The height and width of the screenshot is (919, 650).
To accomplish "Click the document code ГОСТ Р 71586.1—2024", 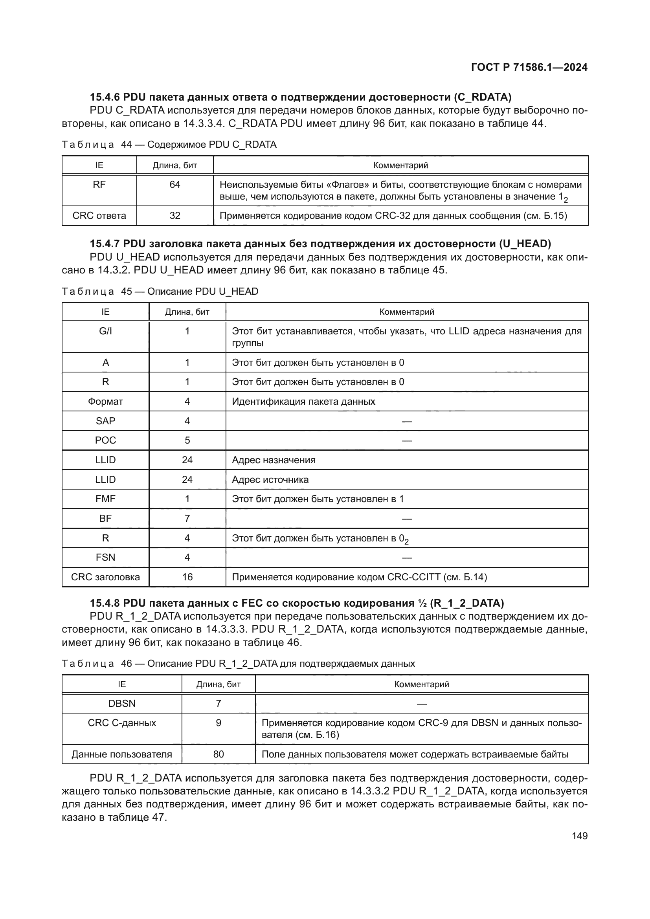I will (529, 67).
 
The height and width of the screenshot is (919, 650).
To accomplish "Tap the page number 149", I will (580, 836).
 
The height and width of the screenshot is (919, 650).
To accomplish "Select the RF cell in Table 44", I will (99, 185).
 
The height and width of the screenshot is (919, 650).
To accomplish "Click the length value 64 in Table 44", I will (175, 185).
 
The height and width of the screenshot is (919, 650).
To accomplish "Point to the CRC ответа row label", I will (99, 216).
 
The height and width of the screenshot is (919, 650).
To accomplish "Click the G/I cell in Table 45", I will (105, 331).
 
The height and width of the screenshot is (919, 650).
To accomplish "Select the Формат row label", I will (105, 402).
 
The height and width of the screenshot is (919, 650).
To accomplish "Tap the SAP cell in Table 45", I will (105, 421).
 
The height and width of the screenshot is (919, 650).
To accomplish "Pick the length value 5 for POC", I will (187, 440).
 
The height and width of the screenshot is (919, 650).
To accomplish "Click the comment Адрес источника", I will (270, 479).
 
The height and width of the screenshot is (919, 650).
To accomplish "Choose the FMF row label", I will (105, 499).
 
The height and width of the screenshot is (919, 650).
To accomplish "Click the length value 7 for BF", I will (187, 518).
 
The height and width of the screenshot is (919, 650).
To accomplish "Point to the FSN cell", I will (105, 558).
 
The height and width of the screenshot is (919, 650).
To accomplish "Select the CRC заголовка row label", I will (105, 577).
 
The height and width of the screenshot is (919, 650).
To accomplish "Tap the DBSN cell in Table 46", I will (122, 703).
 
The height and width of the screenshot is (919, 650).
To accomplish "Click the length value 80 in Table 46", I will (219, 754).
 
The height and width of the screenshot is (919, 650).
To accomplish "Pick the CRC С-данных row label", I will (122, 723).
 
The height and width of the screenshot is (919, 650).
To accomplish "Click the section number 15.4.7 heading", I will (105, 243).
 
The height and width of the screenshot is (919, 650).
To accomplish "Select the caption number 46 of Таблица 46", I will (127, 664).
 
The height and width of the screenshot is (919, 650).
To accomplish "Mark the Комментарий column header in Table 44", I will (400, 165).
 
